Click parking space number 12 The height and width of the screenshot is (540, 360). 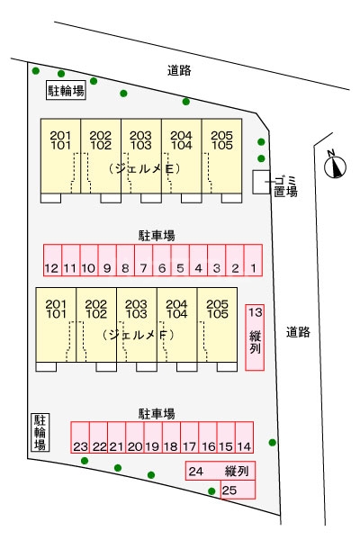pyautogui.click(x=53, y=260)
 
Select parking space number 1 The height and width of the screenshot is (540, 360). pyautogui.click(x=253, y=260)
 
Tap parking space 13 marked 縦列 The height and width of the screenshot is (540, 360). pyautogui.click(x=255, y=337)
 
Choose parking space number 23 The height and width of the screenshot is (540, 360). pyautogui.click(x=80, y=437)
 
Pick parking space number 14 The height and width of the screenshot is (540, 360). pyautogui.click(x=244, y=437)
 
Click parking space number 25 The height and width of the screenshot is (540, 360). pyautogui.click(x=238, y=490)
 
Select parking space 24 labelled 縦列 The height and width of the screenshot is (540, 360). pyautogui.click(x=220, y=471)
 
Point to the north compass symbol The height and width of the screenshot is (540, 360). pyautogui.click(x=335, y=166)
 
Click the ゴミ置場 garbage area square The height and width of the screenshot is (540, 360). pyautogui.click(x=261, y=182)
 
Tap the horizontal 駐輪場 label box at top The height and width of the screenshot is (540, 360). pyautogui.click(x=66, y=91)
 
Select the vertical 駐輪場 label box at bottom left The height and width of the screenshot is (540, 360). pyautogui.click(x=40, y=432)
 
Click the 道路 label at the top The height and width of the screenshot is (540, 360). pyautogui.click(x=179, y=70)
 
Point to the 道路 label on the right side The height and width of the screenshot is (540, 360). pyautogui.click(x=298, y=332)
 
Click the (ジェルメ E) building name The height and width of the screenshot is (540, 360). pyautogui.click(x=144, y=169)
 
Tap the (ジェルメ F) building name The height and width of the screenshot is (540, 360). pyautogui.click(x=138, y=335)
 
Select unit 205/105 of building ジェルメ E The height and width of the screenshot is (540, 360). pyautogui.click(x=222, y=156)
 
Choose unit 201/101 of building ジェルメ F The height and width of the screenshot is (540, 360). pyautogui.click(x=56, y=325)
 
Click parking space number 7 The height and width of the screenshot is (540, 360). pyautogui.click(x=144, y=260)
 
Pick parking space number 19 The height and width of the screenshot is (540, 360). pyautogui.click(x=153, y=437)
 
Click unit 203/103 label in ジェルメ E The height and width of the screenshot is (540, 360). pyautogui.click(x=141, y=140)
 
